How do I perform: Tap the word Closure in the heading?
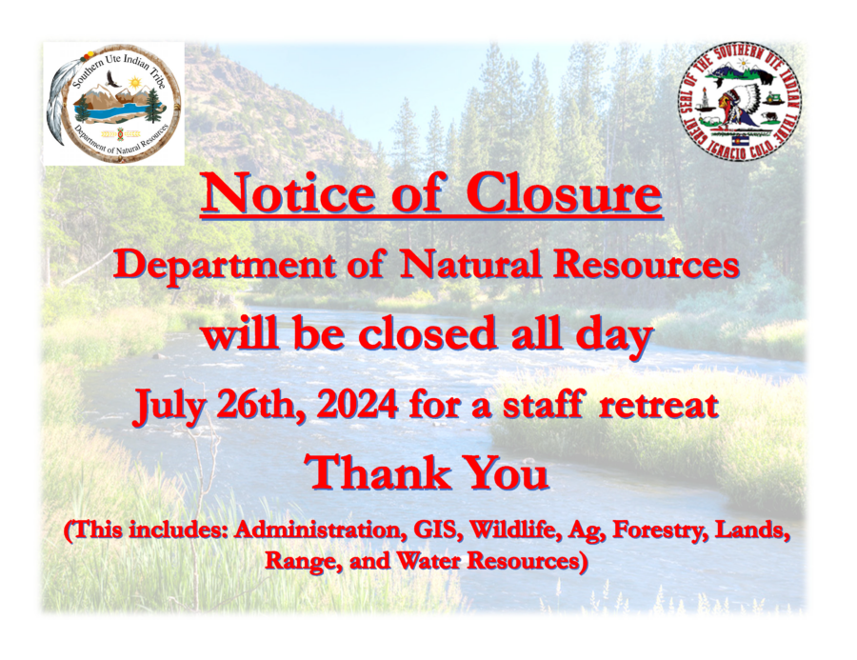[x=564, y=194]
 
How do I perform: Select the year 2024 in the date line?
[x=357, y=405]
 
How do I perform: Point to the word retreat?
[x=658, y=405]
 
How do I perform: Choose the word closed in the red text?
[x=428, y=334]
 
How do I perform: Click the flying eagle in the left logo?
[x=112, y=82]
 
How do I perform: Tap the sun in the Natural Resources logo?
[x=134, y=84]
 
